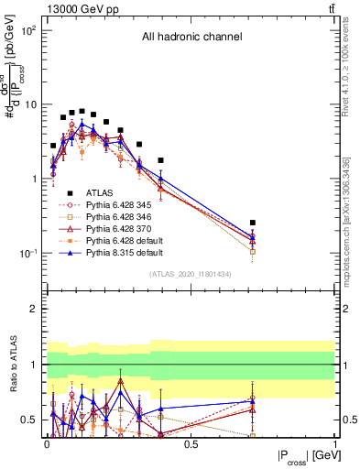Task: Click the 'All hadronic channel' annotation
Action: pos(191,38)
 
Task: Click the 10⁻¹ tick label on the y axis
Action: pos(27,253)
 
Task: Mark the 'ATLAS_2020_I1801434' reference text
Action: pos(191,274)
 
